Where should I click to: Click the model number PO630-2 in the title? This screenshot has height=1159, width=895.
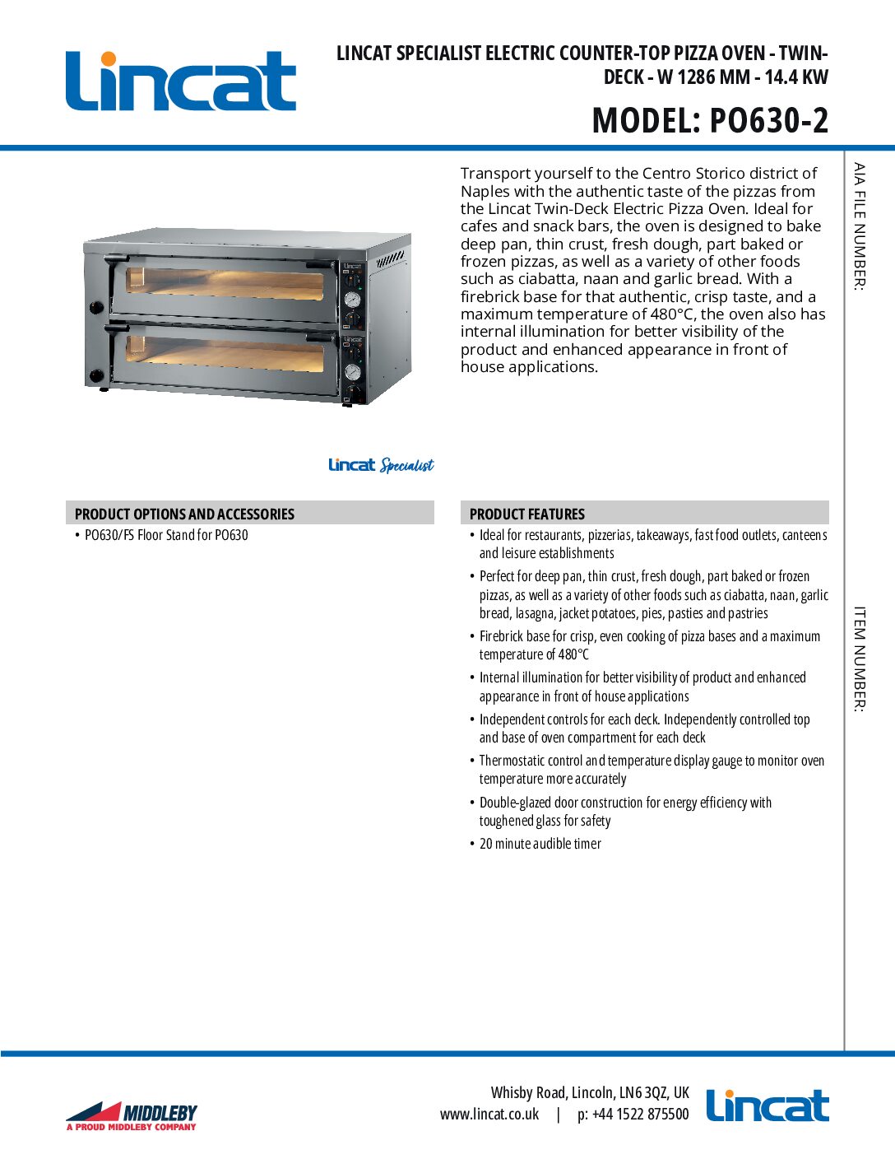click(x=768, y=120)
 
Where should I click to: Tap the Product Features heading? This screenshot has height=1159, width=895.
click(x=526, y=514)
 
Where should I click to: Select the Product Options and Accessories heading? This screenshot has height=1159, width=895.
click(x=184, y=514)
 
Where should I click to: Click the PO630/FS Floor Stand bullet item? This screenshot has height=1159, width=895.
click(x=166, y=535)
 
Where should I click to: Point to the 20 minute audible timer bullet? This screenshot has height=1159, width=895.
click(x=540, y=844)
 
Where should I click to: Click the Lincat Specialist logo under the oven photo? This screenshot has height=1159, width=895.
click(x=381, y=465)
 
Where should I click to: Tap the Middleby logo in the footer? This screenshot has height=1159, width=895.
click(x=132, y=1115)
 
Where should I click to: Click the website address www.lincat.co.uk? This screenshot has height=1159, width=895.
click(x=489, y=1114)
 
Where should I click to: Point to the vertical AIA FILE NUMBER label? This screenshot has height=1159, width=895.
click(x=860, y=226)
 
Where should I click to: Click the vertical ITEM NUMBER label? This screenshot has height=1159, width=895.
click(x=860, y=659)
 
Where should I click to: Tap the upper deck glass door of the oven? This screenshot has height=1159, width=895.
click(x=224, y=283)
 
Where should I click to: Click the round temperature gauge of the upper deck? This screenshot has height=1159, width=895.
click(x=352, y=300)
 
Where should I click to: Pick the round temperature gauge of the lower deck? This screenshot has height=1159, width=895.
click(x=352, y=371)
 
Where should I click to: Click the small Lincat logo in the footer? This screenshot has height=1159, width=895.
click(x=767, y=1105)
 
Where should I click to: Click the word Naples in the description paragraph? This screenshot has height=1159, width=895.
click(x=485, y=191)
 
